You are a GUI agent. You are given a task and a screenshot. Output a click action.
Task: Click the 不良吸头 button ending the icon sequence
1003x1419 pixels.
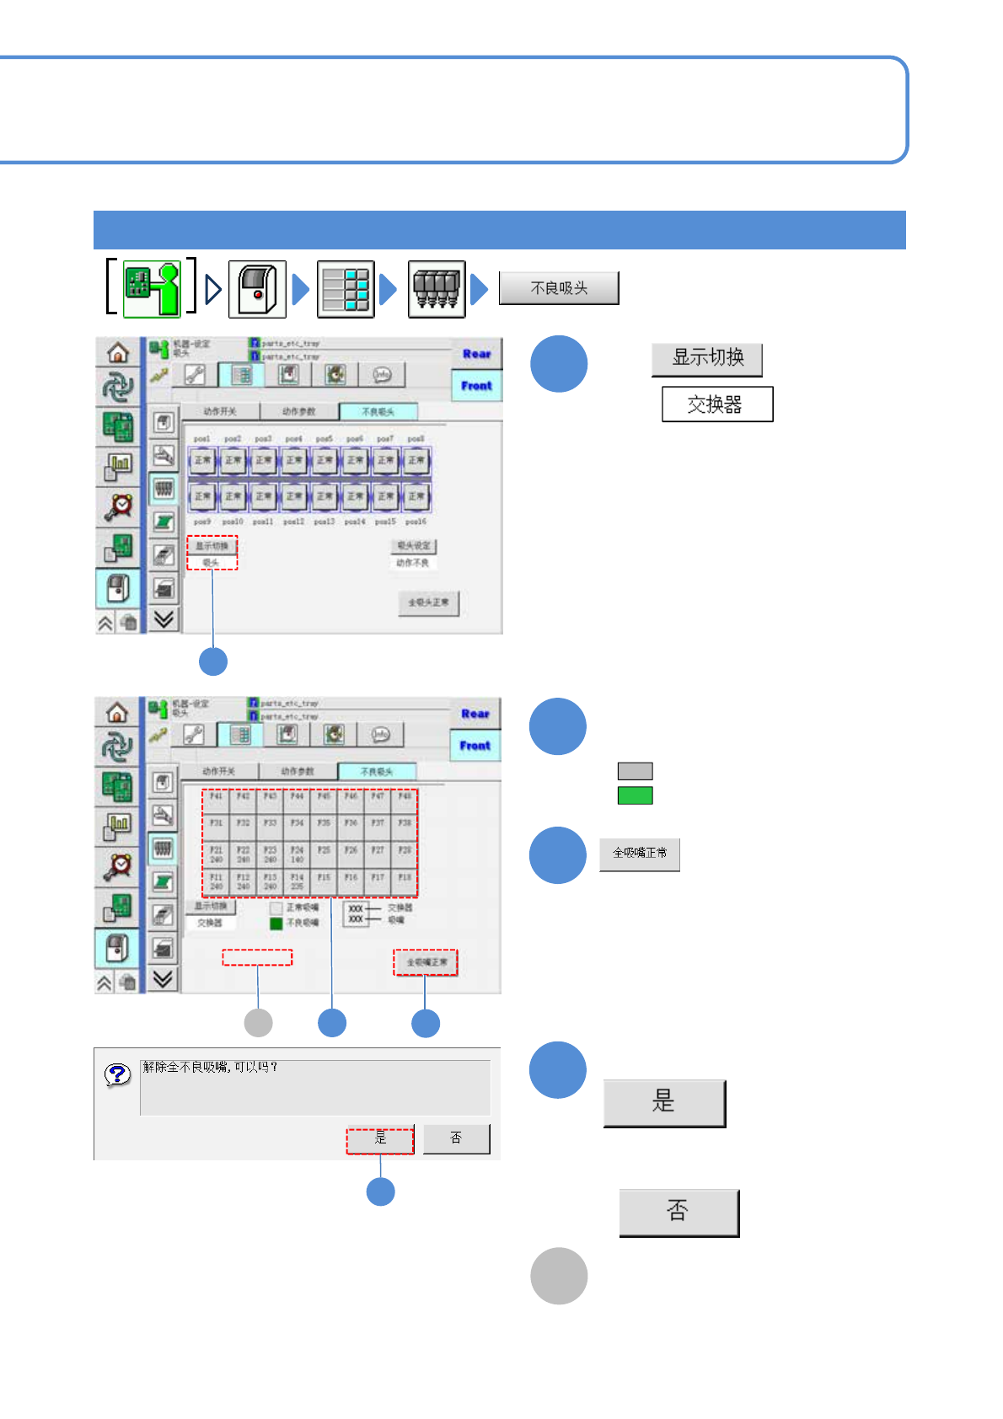tap(559, 288)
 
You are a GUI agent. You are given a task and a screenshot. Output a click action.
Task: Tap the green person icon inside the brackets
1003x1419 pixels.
tap(153, 289)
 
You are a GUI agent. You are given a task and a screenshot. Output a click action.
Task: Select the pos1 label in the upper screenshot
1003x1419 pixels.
tap(202, 439)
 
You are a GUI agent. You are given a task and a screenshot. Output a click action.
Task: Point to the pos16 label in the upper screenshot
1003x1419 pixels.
tap(416, 522)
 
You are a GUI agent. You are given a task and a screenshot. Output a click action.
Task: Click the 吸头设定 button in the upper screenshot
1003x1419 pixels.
tap(413, 546)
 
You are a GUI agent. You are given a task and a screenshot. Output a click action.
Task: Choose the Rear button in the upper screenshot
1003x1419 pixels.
tap(476, 355)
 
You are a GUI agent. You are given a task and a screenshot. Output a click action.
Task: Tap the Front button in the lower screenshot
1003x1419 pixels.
tap(475, 746)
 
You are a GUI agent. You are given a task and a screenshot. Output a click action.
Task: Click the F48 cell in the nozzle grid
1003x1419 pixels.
tap(405, 797)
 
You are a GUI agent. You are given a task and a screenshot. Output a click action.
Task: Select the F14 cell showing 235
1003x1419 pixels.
tap(297, 881)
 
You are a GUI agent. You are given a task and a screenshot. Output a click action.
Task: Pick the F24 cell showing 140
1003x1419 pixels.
tap(297, 854)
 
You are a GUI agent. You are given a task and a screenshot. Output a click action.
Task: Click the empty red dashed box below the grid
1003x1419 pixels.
tap(257, 957)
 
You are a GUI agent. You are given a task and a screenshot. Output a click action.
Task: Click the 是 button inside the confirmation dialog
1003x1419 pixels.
tap(380, 1139)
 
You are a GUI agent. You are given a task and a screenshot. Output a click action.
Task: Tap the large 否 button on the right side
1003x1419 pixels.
tap(678, 1212)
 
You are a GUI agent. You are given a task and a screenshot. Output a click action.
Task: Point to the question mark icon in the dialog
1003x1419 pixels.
tap(118, 1074)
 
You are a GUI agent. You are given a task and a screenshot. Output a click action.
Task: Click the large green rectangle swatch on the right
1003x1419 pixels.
tap(635, 795)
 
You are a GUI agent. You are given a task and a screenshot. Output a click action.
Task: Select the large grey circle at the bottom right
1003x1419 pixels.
tap(559, 1276)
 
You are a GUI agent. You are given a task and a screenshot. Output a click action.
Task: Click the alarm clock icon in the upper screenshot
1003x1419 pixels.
tap(118, 506)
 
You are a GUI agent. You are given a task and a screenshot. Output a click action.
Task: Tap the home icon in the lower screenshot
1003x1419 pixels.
tap(117, 713)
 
